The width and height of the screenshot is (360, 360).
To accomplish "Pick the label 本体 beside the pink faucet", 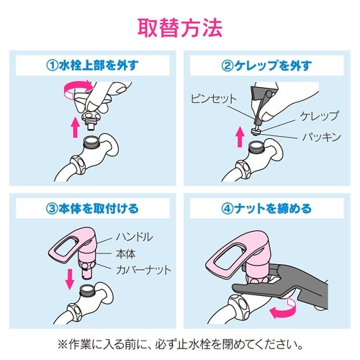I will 127,253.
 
